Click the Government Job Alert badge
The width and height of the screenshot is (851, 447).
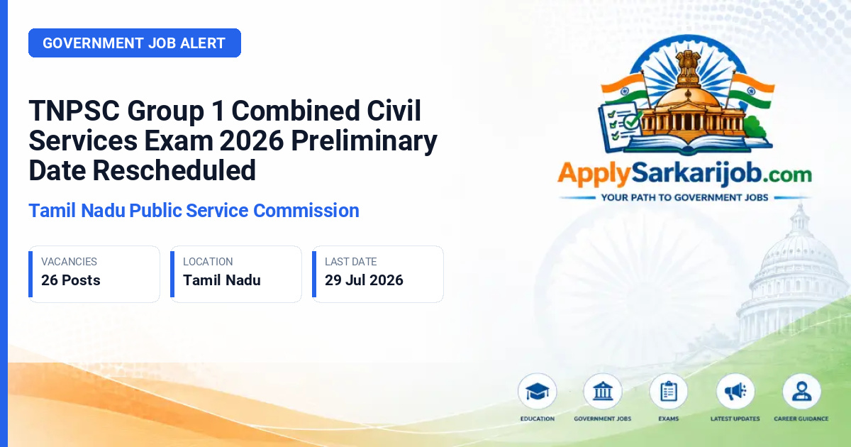[x=135, y=43]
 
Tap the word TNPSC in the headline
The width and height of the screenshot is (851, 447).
[x=74, y=111]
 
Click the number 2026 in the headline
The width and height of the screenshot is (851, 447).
[x=252, y=141]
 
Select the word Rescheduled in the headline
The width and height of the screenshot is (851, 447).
[x=174, y=171]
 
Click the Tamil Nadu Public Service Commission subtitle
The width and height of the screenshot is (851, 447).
[x=194, y=211]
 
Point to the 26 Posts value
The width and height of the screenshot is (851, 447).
[x=71, y=280]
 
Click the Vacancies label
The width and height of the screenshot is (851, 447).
[x=69, y=262]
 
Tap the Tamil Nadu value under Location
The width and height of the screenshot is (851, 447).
[x=222, y=280]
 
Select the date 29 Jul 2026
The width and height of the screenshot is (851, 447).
[x=364, y=280]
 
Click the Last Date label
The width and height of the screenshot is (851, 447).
[x=350, y=262]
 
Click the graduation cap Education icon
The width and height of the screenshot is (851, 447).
[x=538, y=392]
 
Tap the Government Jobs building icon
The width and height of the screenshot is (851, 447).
[x=603, y=392]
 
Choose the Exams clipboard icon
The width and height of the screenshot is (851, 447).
[x=668, y=392]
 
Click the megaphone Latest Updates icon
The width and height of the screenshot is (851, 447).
[x=735, y=392]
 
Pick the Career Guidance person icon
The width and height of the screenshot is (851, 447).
[x=801, y=392]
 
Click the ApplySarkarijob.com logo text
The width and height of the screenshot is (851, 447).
[x=684, y=174]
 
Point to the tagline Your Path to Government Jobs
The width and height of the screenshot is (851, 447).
[x=684, y=198]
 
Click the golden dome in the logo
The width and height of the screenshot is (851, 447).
[x=688, y=96]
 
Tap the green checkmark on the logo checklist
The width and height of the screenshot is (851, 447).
[x=632, y=121]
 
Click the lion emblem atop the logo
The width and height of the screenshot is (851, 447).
[x=689, y=64]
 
